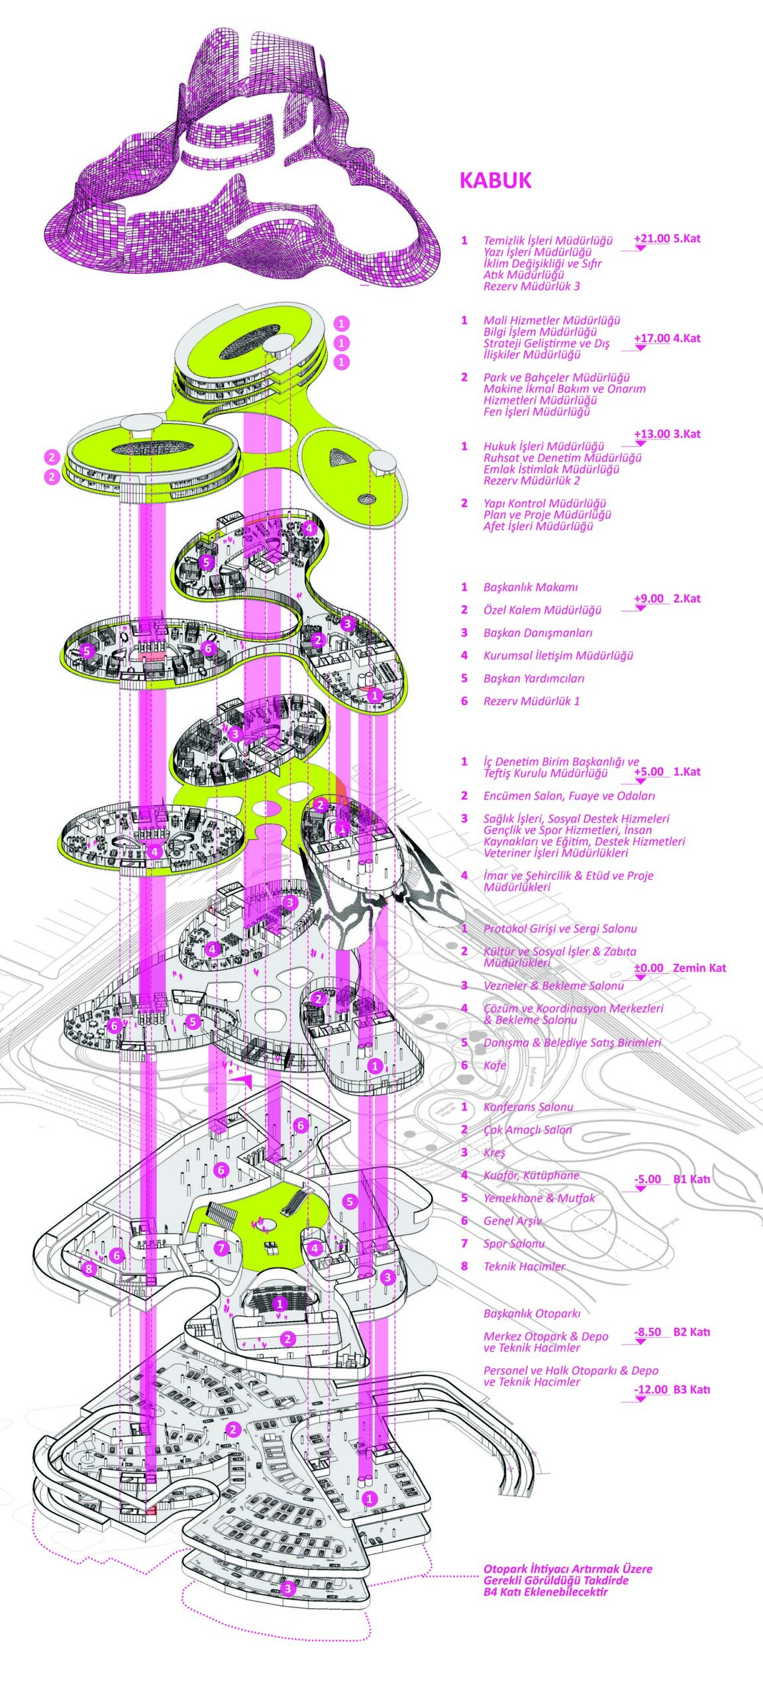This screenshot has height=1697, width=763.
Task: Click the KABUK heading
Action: pyautogui.click(x=495, y=180)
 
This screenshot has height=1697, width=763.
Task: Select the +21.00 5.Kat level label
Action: pyautogui.click(x=666, y=239)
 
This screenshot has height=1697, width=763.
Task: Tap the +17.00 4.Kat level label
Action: pyautogui.click(x=666, y=338)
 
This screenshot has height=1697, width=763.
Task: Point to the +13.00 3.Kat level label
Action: pyautogui.click(x=666, y=434)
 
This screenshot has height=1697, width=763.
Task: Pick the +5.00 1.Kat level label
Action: pyautogui.click(x=666, y=772)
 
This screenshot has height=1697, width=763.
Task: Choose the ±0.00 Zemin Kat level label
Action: pyautogui.click(x=680, y=968)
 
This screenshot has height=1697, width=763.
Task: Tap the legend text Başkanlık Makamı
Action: pyautogui.click(x=531, y=587)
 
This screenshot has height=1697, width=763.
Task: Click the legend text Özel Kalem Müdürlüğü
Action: pyautogui.click(x=542, y=610)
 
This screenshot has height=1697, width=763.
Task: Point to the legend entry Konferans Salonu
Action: pyautogui.click(x=528, y=1107)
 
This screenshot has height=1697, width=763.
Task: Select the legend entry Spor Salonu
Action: pyautogui.click(x=514, y=1244)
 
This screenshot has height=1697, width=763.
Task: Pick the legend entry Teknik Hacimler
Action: pyautogui.click(x=524, y=1266)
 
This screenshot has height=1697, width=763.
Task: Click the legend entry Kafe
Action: pyautogui.click(x=495, y=1065)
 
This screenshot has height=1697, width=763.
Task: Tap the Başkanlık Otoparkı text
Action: pyautogui.click(x=531, y=1313)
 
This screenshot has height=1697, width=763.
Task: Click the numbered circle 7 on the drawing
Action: pyautogui.click(x=222, y=1248)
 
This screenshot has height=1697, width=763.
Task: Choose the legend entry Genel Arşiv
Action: pyautogui.click(x=512, y=1220)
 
